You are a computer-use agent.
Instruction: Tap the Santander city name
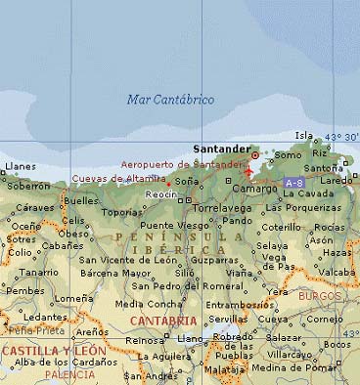pyautogui.click(x=221, y=150)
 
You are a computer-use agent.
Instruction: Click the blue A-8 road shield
pyautogui.click(x=293, y=183)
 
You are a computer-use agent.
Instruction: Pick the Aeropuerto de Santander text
pyautogui.click(x=184, y=164)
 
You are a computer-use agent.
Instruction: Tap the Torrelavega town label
pyautogui.click(x=224, y=208)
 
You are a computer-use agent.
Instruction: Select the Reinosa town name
pyautogui.click(x=145, y=340)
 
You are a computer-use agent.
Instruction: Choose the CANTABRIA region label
pyautogui.click(x=161, y=320)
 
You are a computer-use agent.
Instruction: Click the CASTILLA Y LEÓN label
pyautogui.click(x=54, y=350)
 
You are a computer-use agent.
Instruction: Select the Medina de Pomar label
pyautogui.click(x=292, y=367)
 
